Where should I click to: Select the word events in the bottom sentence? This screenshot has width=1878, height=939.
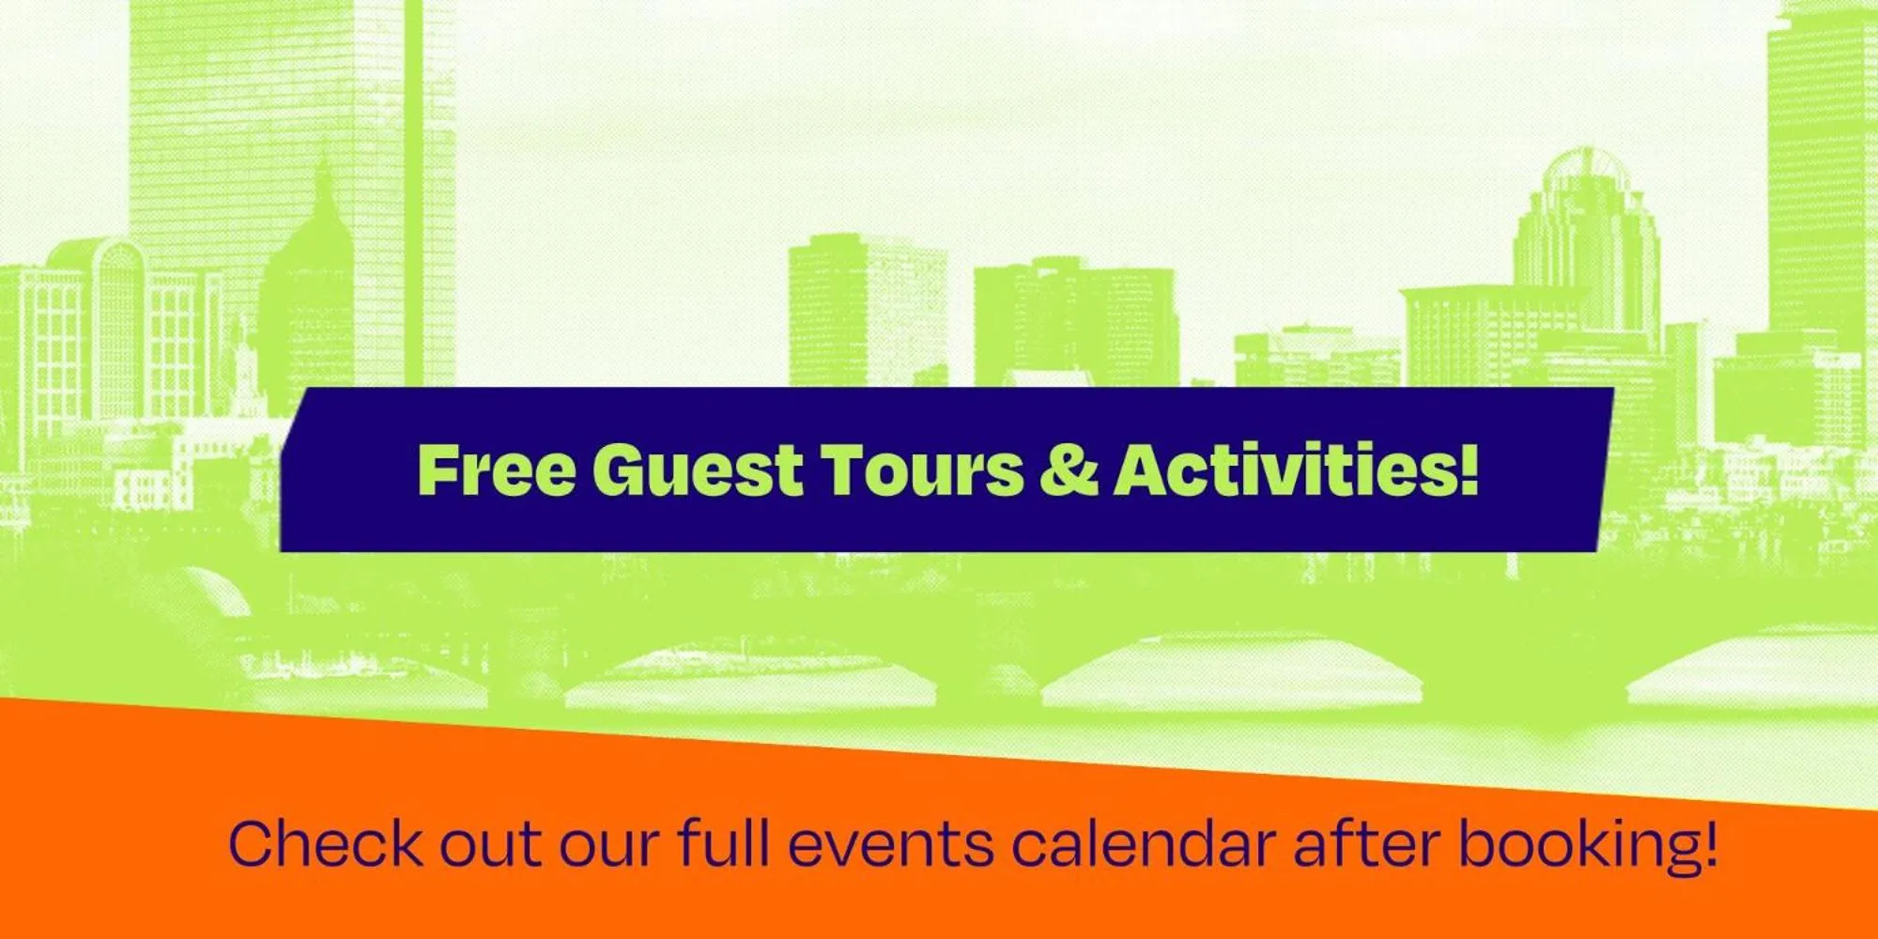889,844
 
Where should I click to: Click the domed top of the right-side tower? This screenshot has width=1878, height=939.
1584,174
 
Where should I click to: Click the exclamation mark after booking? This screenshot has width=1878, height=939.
1709,842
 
